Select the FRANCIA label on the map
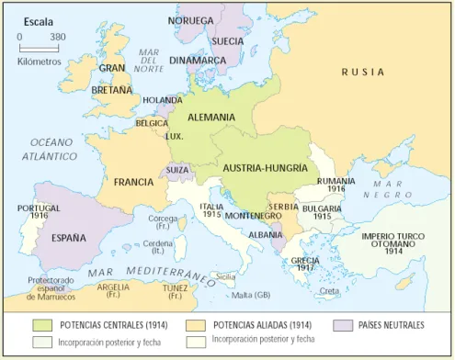(133, 182)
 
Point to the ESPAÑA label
(68, 237)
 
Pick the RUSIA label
(363, 71)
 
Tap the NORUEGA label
(190, 20)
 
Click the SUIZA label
(176, 171)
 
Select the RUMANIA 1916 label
(336, 186)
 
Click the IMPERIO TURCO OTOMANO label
(393, 242)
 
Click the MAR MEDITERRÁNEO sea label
(147, 274)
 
